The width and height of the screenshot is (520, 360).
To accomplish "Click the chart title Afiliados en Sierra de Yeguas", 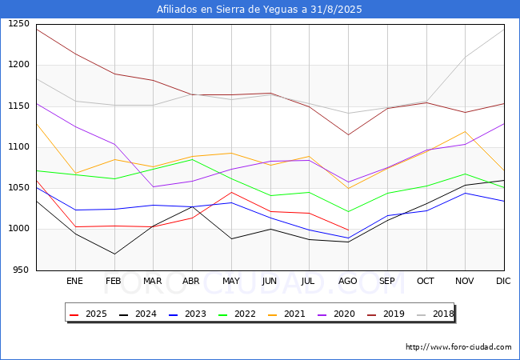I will coord(259,10).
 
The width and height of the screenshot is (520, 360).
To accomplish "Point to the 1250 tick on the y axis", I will coord(18,24).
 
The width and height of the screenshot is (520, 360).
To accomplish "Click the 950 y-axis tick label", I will coord(21,270).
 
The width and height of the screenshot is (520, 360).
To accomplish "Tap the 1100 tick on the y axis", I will coord(18,147).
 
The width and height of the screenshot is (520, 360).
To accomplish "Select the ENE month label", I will coord(75,281).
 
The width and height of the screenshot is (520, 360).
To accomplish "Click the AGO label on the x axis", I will coord(348,281).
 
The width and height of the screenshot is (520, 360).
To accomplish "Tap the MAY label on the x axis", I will coord(231,281).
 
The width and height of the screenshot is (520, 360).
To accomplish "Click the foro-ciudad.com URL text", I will coord(458,347).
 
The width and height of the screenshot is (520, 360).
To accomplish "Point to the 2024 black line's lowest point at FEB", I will coord(114,254).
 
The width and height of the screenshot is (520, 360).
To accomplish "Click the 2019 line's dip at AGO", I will coord(348,134).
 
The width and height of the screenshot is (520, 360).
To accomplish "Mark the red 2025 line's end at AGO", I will coord(348,230).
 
